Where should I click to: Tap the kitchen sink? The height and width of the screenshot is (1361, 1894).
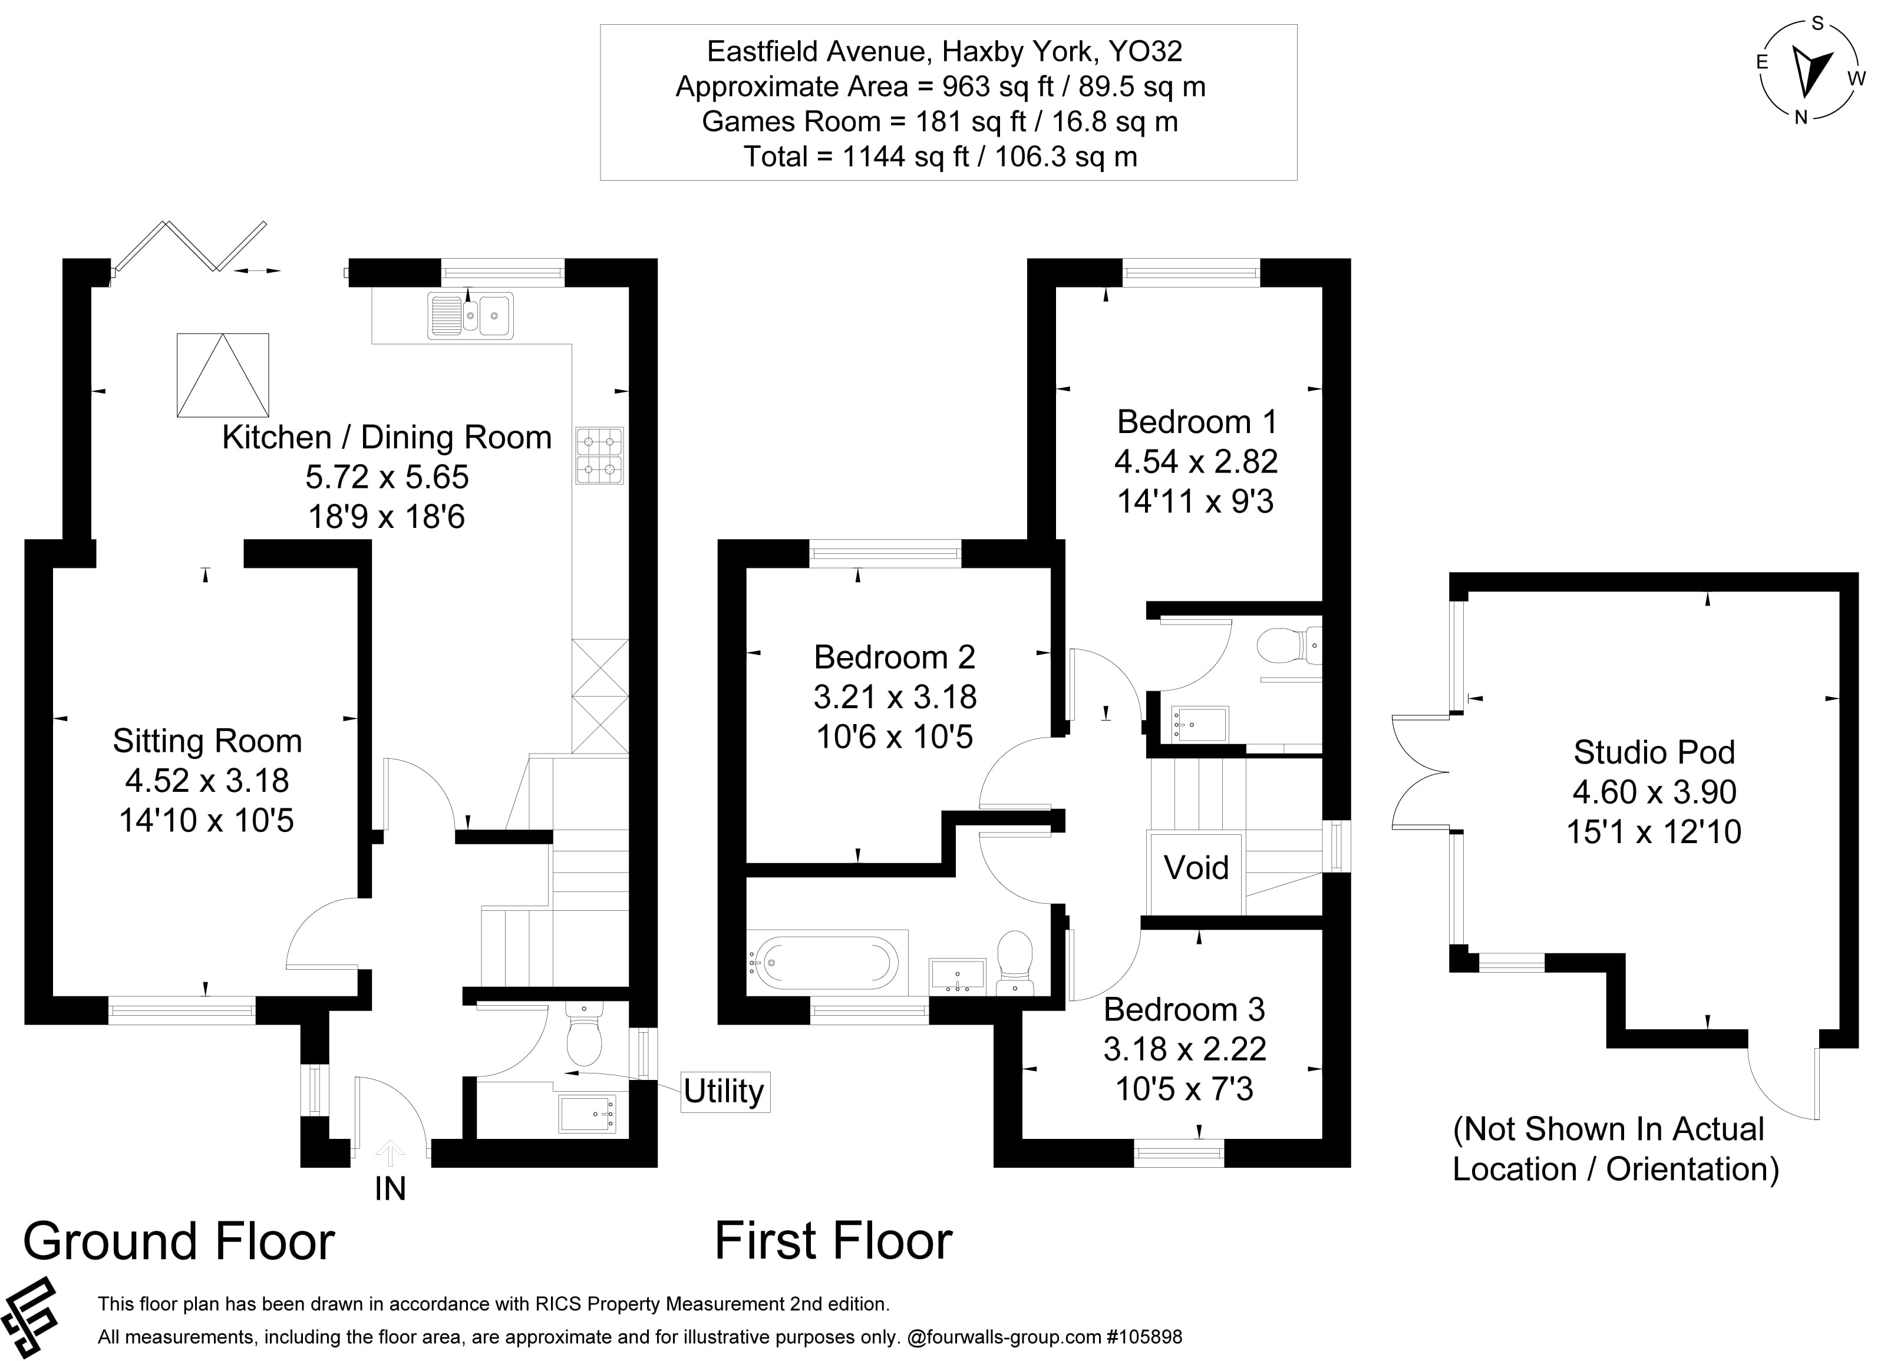pos(470,316)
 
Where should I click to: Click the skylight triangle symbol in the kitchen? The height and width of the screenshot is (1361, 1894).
pos(223,375)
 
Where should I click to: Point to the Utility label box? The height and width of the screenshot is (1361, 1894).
pos(724,1091)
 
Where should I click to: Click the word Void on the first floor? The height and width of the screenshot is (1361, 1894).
pos(1196,867)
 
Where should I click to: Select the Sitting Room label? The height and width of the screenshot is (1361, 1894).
pos(207,741)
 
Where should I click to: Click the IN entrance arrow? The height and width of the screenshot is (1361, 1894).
pos(390,1154)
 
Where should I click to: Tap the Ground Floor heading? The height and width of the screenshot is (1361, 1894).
pos(179,1241)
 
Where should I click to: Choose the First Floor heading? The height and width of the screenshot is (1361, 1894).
pos(833,1241)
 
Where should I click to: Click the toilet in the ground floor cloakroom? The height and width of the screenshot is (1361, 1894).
pos(584,1035)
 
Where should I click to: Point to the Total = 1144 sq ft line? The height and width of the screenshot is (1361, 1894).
pos(941,156)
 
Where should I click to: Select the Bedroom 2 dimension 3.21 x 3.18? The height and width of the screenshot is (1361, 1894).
pos(895,697)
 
